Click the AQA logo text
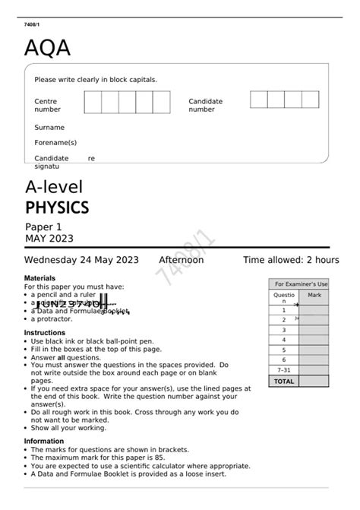[47, 49]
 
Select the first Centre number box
[93, 102]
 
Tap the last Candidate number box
[310, 100]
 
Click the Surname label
[49, 128]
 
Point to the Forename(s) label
[55, 142]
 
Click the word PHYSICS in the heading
[57, 207]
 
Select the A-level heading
[53, 187]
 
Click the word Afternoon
[181, 260]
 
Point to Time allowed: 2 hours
[291, 260]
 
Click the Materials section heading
[40, 279]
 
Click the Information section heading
[44, 441]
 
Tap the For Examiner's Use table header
[301, 284]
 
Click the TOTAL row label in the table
[284, 381]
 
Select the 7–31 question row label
[284, 370]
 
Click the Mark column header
[314, 294]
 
